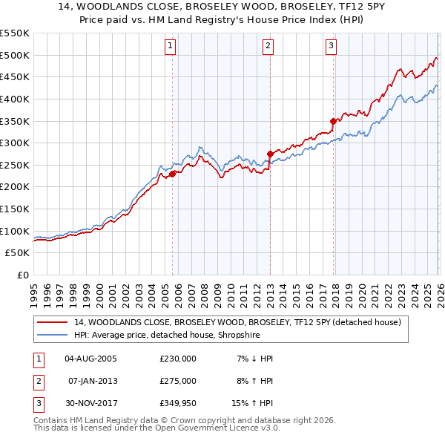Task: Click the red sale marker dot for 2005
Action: click(x=172, y=174)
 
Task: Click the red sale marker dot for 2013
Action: click(x=269, y=154)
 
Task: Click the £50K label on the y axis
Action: click(x=17, y=253)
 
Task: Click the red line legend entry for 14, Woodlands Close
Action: click(x=237, y=322)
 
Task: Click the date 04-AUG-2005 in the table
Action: click(x=90, y=359)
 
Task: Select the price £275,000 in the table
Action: click(x=178, y=381)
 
